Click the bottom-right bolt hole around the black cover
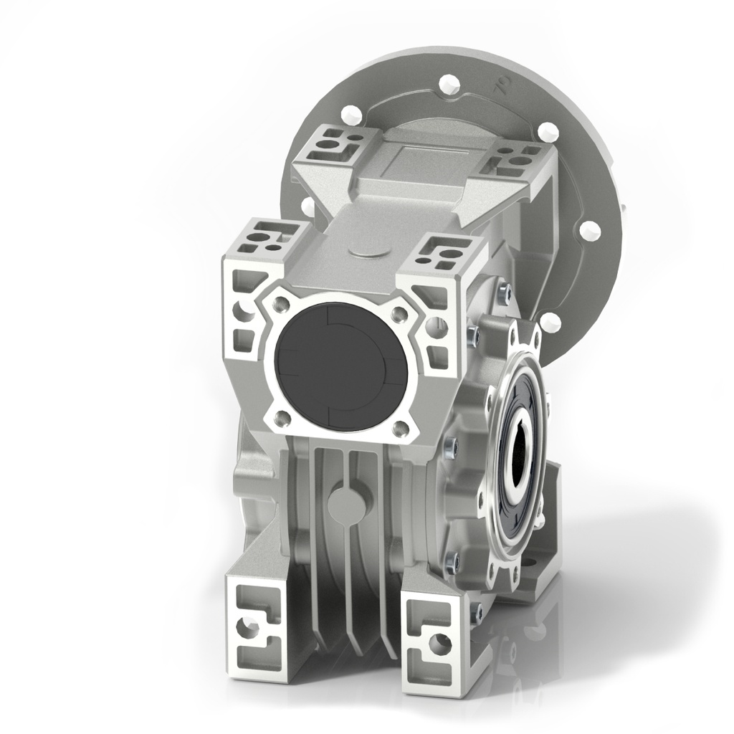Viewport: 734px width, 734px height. pyautogui.click(x=399, y=427)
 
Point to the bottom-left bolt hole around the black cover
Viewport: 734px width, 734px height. pyautogui.click(x=280, y=416)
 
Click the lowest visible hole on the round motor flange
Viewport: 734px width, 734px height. pyautogui.click(x=550, y=320)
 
